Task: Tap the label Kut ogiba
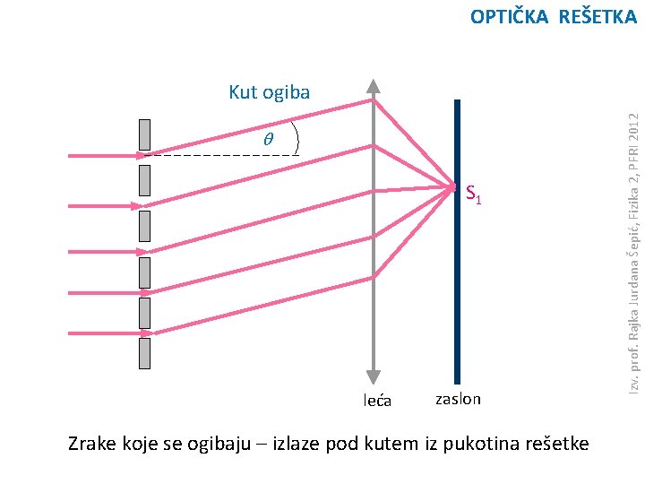(269, 91)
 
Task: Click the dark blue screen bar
(457, 269)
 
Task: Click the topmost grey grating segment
(144, 134)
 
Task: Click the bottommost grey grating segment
(144, 353)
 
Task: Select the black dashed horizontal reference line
(224, 156)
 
